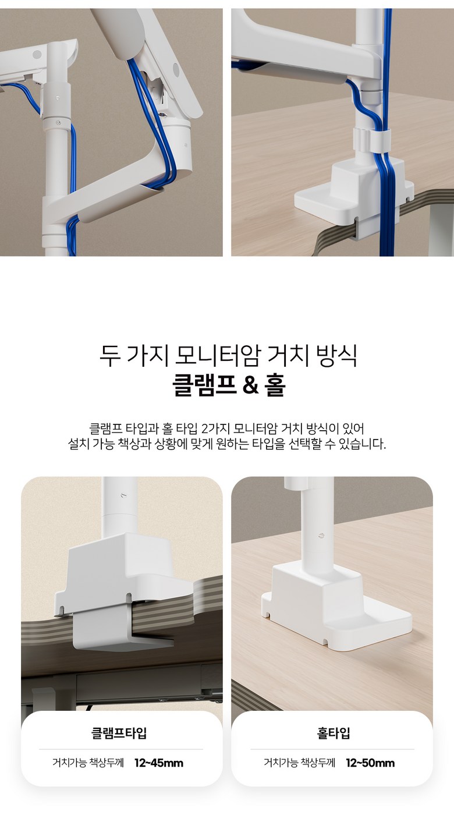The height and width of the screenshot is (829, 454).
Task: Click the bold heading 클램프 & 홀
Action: [x=229, y=385]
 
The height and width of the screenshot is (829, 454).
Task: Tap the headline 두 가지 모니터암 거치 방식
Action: [x=228, y=356]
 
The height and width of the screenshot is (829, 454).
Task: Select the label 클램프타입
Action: [x=119, y=733]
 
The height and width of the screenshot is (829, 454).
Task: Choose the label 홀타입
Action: [x=333, y=733]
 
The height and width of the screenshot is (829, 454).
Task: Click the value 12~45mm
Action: [x=159, y=763]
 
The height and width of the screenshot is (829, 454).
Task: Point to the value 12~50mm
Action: [x=370, y=763]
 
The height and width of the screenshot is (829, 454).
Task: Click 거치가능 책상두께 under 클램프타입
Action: [x=88, y=763]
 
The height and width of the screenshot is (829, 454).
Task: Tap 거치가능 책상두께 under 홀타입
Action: [x=299, y=763]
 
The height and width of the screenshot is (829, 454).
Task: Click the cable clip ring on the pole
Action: [x=371, y=140]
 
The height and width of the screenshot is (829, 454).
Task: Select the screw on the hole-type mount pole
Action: [x=321, y=535]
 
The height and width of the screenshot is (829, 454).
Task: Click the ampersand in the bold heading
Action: [x=250, y=385]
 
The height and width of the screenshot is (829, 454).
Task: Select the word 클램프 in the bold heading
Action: [x=204, y=385]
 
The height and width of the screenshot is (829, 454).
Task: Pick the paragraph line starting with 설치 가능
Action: [x=227, y=444]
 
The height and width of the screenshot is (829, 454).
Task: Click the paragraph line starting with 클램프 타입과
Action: [x=227, y=428]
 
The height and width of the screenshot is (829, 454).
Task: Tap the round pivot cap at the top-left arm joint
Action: [x=37, y=55]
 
